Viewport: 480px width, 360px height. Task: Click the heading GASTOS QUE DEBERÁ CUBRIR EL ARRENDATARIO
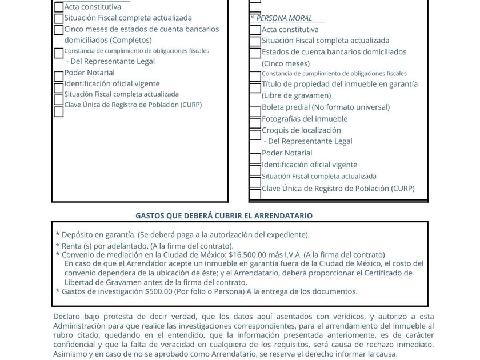[223, 215]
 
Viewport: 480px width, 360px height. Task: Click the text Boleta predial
[283, 107]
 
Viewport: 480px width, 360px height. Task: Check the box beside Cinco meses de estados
[58, 30]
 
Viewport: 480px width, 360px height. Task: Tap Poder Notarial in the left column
[89, 73]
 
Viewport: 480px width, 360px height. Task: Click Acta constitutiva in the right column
[290, 29]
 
